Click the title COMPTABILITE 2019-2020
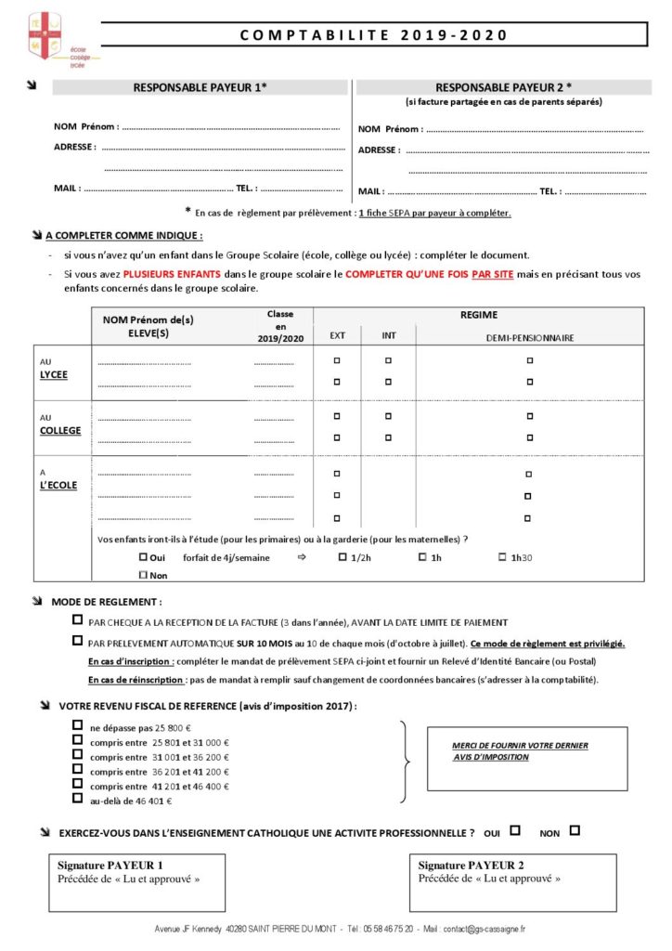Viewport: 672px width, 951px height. click(374, 35)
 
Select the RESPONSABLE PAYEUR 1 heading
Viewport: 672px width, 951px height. click(200, 87)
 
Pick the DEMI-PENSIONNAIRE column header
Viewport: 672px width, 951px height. click(529, 337)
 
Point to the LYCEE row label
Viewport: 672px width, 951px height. click(54, 374)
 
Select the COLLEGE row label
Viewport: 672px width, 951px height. click(60, 430)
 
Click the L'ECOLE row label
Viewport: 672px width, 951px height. click(58, 485)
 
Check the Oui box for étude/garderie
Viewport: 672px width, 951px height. click(143, 557)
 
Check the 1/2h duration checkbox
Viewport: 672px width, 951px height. click(342, 557)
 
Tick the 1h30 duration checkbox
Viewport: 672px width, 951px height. click(502, 557)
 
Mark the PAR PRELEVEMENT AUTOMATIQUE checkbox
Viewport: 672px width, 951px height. click(77, 641)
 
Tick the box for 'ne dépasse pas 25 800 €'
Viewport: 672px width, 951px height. click(77, 727)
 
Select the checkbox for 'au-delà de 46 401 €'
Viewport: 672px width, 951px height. click(77, 799)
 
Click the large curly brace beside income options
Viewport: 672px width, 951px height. click(406, 762)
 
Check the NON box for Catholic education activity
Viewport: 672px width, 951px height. click(575, 831)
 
